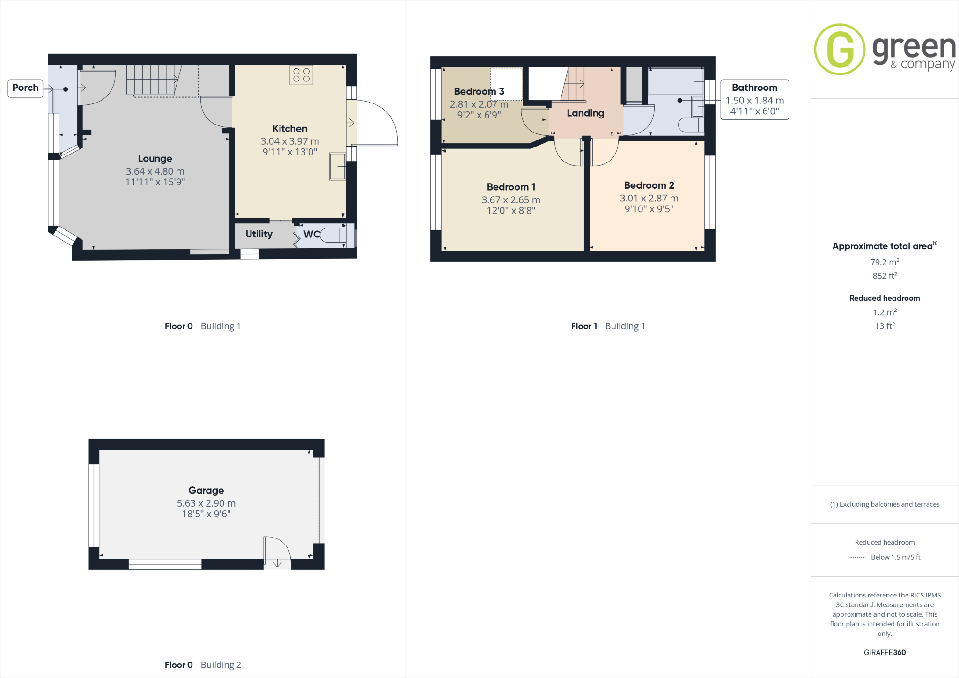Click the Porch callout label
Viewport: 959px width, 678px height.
[25, 88]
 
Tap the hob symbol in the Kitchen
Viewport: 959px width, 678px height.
[301, 75]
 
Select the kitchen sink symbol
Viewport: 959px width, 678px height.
[337, 166]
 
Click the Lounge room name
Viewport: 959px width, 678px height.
[155, 159]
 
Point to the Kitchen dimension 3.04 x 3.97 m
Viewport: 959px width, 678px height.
[290, 141]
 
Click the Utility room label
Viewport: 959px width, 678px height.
[259, 234]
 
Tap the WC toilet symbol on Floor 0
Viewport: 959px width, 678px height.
[333, 235]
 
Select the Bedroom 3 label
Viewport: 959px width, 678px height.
[479, 91]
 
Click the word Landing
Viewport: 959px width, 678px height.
[585, 113]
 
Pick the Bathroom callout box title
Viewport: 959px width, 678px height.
[754, 88]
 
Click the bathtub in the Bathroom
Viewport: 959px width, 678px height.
[676, 81]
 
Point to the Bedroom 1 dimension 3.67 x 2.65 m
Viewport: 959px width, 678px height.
[511, 200]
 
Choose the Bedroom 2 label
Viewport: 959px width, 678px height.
[649, 185]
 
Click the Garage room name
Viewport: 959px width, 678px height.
[206, 490]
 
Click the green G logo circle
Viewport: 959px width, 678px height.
[840, 49]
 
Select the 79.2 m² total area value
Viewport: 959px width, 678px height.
[885, 262]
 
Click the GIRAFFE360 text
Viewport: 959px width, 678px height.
[885, 652]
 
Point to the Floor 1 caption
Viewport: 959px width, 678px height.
[584, 326]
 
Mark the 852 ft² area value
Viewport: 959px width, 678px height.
[885, 276]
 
